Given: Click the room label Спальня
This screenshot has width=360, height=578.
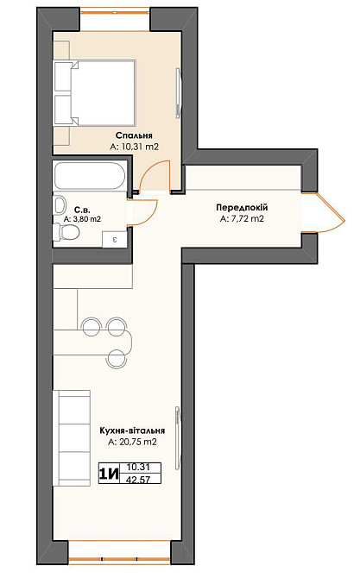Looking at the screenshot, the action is point(134,135).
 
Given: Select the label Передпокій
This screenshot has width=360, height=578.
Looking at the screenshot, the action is point(242,208).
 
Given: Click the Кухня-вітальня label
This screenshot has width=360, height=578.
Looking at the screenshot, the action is point(132,430).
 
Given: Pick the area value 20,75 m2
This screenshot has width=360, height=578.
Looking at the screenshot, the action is point(137,442).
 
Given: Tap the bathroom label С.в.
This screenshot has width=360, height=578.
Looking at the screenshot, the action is point(82,210).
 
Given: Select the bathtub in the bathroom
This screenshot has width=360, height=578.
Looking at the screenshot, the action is point(91,176).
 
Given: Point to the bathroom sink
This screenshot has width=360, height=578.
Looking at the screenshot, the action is point(59,205).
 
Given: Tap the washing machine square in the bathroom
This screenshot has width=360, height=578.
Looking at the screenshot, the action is point(115,239).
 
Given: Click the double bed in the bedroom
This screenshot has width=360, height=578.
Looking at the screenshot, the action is point(95,93).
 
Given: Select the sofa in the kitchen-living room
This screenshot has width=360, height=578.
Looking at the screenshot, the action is point(72,438).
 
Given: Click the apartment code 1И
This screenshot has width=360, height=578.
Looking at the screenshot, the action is point(109,474).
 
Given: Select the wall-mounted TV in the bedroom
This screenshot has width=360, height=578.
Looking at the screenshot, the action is point(179,93).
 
